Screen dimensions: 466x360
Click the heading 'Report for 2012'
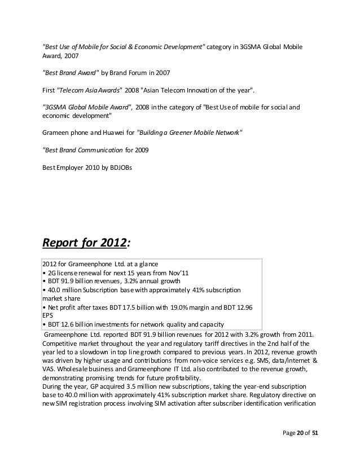pos(85,243)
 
